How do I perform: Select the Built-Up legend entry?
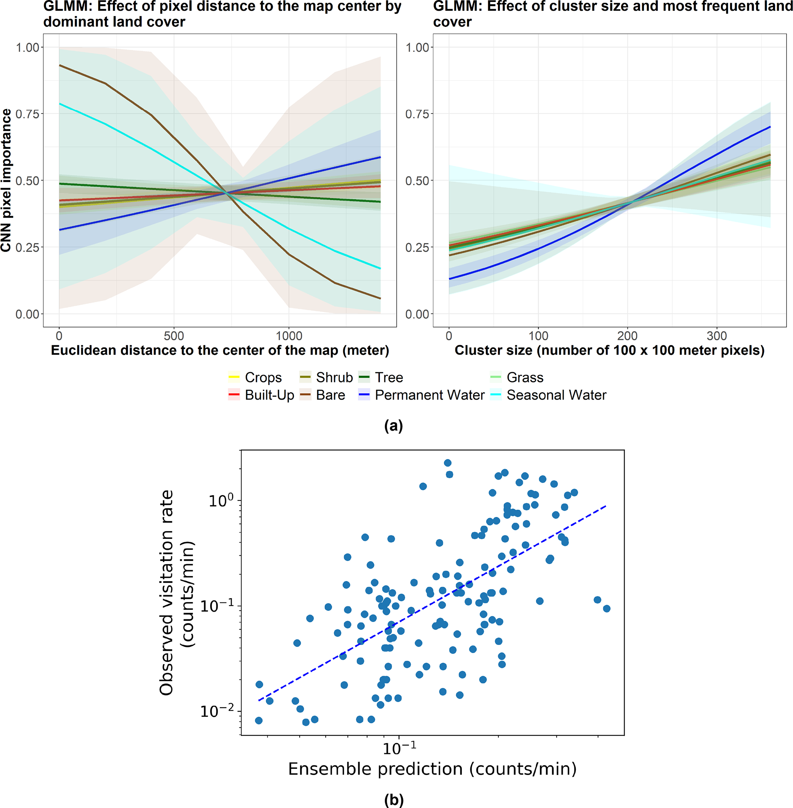(x=261, y=395)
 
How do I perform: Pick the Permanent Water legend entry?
(x=421, y=395)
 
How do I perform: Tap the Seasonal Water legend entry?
(x=548, y=395)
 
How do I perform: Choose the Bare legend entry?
(x=322, y=395)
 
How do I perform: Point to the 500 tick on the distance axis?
(x=174, y=336)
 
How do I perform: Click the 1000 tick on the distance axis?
(x=289, y=336)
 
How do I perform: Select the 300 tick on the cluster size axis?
(x=717, y=336)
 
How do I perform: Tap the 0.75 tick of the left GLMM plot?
(x=28, y=114)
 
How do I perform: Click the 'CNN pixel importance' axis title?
(x=6, y=180)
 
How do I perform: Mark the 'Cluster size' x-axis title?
(x=609, y=351)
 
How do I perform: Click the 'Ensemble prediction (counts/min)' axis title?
(x=432, y=769)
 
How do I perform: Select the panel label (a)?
(x=394, y=425)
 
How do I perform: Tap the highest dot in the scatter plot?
(x=448, y=463)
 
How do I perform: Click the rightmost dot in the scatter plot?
(x=607, y=609)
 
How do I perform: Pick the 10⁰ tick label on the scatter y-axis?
(x=221, y=500)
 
